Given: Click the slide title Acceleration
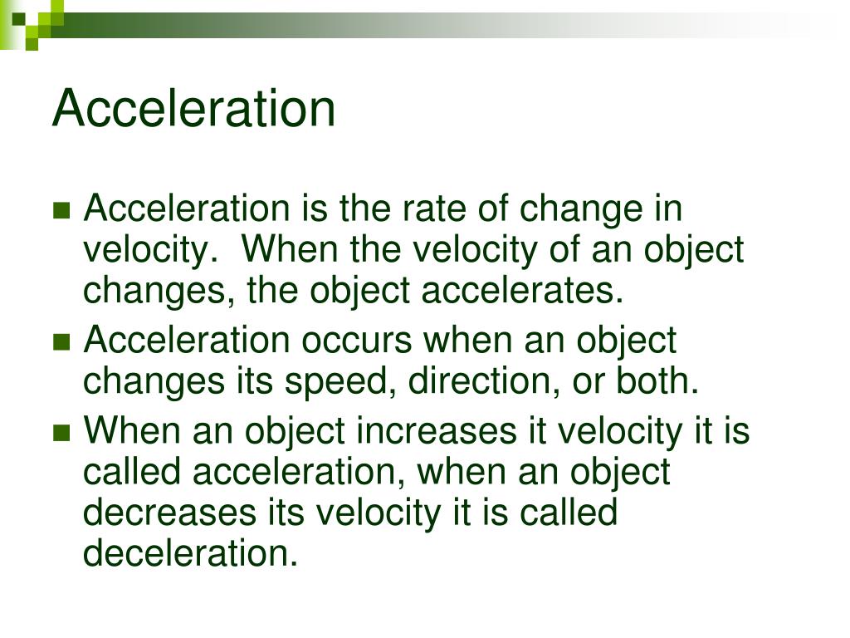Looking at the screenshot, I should pyautogui.click(x=193, y=109).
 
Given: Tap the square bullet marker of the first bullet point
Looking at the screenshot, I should pyautogui.click(x=61, y=211).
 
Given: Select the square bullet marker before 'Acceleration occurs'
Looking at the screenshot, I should pyautogui.click(x=61, y=341).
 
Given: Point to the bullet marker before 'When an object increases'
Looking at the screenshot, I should pyautogui.click(x=61, y=433).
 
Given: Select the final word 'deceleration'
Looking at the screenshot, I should pyautogui.click(x=190, y=553).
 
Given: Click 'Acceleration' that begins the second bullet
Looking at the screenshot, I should pyautogui.click(x=187, y=341).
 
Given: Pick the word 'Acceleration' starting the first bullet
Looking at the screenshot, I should pyautogui.click(x=187, y=209).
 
